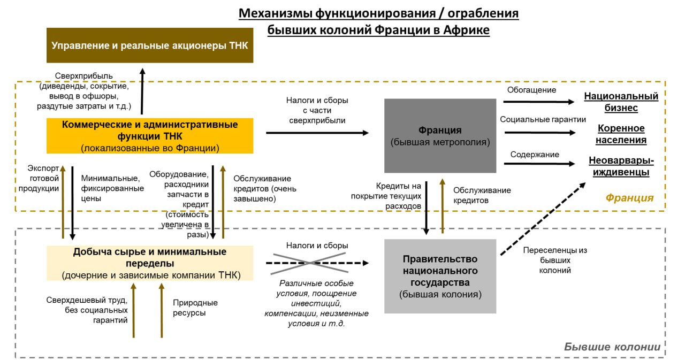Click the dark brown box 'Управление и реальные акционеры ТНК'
point(150,45)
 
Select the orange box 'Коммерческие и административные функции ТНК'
point(150,136)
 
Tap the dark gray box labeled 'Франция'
point(440,136)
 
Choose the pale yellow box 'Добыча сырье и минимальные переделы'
point(150,263)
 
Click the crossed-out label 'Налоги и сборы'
point(317,246)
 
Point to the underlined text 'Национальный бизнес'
point(621,102)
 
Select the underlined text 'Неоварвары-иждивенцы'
point(621,166)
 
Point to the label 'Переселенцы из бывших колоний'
point(555,260)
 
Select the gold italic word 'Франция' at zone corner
point(629,198)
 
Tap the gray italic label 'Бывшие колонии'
point(612,347)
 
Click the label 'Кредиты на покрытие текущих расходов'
point(386,195)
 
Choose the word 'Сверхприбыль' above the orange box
point(84,76)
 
